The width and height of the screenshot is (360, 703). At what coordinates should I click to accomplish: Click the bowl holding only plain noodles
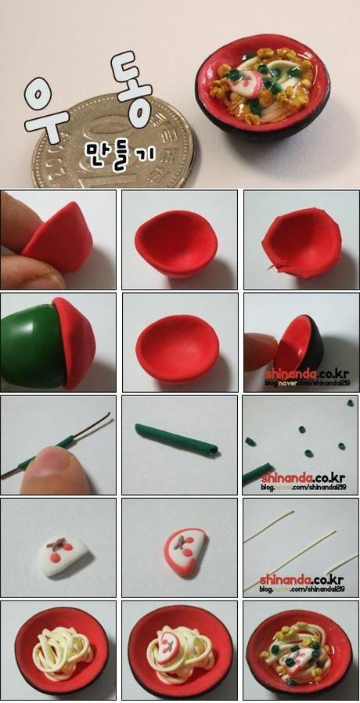[x=58, y=650]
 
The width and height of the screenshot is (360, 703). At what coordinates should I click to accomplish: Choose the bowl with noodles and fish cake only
[x=180, y=650]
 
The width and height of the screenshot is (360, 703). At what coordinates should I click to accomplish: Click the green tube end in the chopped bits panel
[x=255, y=474]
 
